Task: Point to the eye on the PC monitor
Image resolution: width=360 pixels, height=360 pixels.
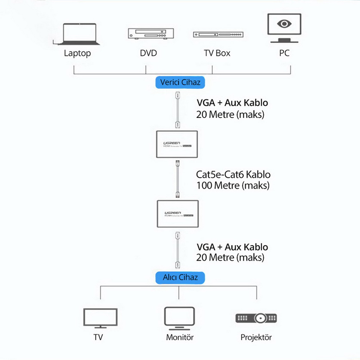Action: click(283, 23)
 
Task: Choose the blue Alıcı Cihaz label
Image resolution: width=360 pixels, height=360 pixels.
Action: click(180, 277)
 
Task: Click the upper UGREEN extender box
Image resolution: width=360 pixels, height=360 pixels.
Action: click(176, 144)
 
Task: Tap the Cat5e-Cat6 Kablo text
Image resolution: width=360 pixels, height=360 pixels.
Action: click(233, 175)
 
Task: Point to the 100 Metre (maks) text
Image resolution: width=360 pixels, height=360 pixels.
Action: click(233, 186)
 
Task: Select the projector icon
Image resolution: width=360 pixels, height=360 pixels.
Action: click(257, 318)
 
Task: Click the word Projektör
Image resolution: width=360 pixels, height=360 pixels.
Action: click(256, 337)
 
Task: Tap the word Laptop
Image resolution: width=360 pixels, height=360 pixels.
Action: click(77, 53)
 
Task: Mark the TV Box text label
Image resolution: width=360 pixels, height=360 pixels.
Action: click(217, 53)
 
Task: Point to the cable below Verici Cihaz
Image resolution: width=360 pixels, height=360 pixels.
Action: click(176, 110)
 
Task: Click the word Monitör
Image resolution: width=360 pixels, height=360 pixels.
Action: click(180, 337)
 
